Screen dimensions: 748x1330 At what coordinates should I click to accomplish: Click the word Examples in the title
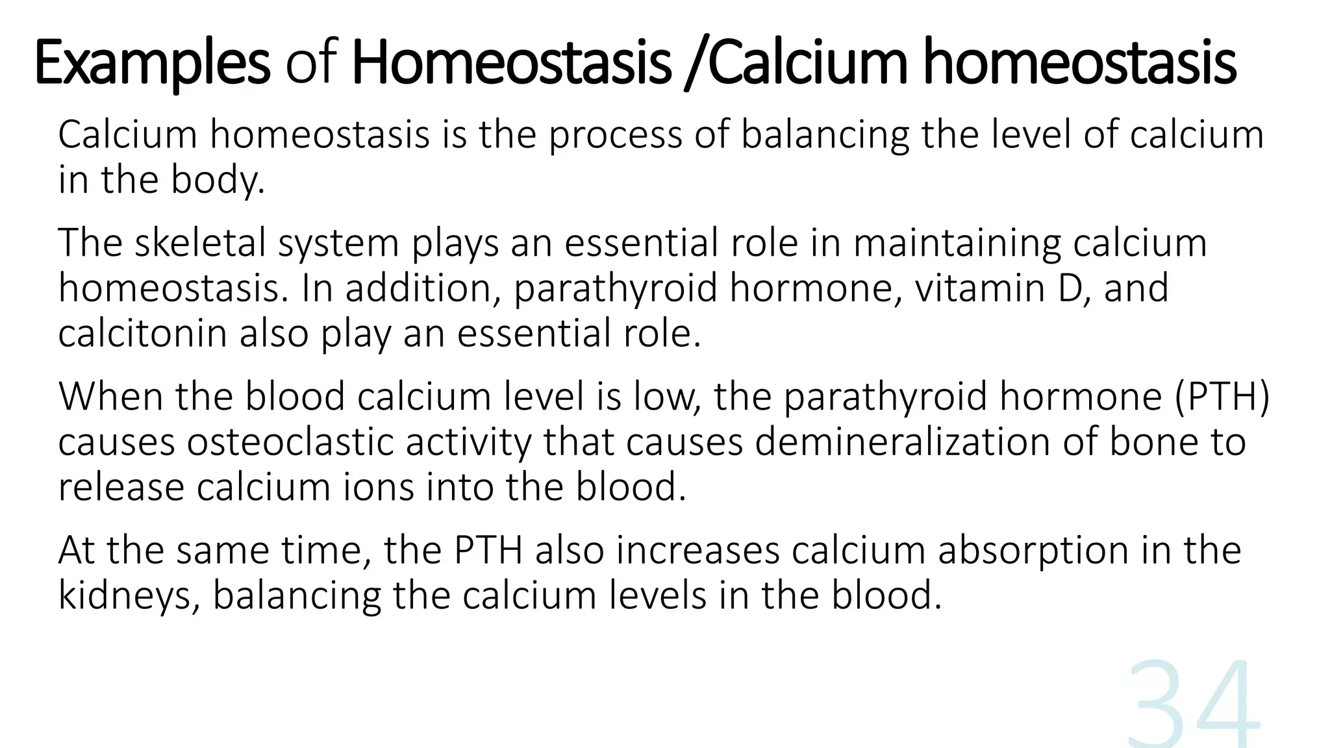(151, 63)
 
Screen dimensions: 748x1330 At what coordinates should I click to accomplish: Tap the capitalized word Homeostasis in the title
(510, 63)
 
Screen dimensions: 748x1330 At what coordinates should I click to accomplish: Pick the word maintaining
(957, 244)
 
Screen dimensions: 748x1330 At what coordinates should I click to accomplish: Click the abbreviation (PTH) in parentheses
(1222, 397)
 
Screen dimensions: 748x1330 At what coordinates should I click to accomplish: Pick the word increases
(697, 551)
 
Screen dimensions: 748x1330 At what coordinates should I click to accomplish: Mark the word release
(121, 488)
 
